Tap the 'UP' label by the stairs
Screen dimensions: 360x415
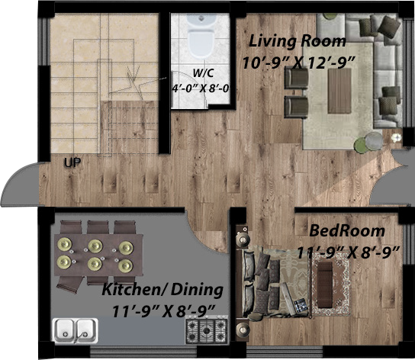pos(72,162)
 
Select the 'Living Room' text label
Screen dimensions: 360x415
pos(298,40)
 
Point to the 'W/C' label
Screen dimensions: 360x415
pos(203,73)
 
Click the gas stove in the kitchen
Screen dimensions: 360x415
pos(207,329)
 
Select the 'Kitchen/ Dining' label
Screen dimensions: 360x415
pos(162,290)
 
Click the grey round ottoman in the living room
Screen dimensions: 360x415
pos(374,141)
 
